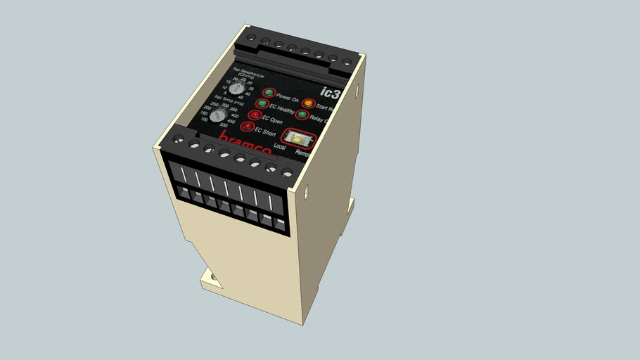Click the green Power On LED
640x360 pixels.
point(268,93)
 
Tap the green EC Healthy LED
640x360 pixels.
point(262,104)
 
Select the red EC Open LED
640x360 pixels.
point(254,115)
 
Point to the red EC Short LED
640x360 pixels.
point(246,127)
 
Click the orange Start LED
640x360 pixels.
point(308,105)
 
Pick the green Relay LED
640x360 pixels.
point(302,115)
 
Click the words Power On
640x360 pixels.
point(287,97)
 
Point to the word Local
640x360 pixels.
point(280,146)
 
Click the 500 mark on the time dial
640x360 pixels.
point(224,126)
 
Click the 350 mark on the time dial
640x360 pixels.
point(234,109)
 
